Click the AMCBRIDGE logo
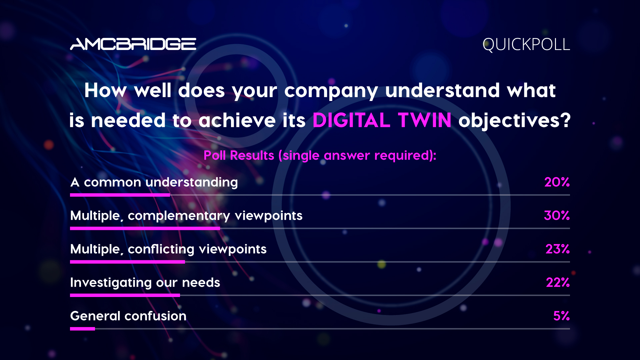click(x=133, y=44)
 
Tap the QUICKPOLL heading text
click(x=526, y=45)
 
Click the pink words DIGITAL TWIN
click(x=382, y=120)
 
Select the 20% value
click(x=557, y=182)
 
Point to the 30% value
click(x=557, y=215)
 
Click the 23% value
click(x=557, y=249)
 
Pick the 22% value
click(x=558, y=282)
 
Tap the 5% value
click(x=561, y=316)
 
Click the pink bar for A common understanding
click(x=120, y=195)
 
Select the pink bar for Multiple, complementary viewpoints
click(x=145, y=228)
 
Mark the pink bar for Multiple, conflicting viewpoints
click(x=127, y=262)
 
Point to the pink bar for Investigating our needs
click(x=125, y=295)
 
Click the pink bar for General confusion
click(x=82, y=329)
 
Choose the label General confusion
click(x=128, y=316)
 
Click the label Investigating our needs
click(x=145, y=283)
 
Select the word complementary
click(x=179, y=216)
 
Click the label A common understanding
click(x=154, y=182)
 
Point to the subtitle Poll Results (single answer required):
click(x=320, y=156)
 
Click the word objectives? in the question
click(x=515, y=121)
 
